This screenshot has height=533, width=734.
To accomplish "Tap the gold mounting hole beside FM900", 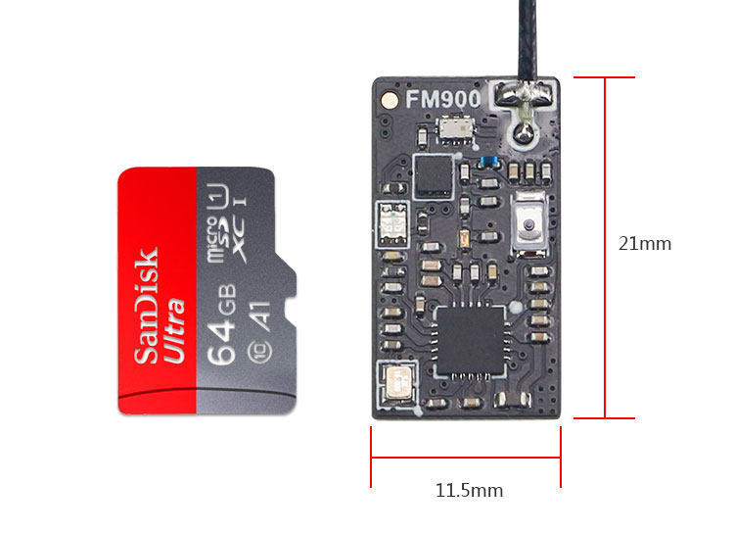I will [x=390, y=99].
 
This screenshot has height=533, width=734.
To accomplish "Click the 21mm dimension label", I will [x=645, y=244].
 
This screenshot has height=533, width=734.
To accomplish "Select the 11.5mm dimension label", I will [x=469, y=490].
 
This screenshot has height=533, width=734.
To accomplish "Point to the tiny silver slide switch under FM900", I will [x=452, y=128].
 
